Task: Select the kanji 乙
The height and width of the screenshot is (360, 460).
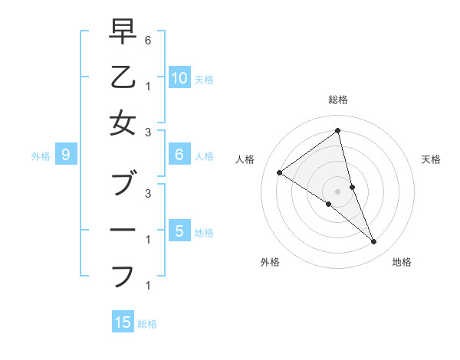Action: [123, 78]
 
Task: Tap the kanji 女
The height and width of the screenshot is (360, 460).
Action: [123, 124]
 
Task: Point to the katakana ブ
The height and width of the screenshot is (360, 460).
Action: [123, 184]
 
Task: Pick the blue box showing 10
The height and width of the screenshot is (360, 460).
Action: [179, 77]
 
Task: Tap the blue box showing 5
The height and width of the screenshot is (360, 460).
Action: [179, 231]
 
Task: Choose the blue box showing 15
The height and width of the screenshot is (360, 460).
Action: [123, 322]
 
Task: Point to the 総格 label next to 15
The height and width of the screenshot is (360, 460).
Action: [147, 324]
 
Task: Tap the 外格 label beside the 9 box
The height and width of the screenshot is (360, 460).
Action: [41, 156]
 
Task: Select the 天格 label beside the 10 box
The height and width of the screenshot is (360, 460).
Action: [204, 79]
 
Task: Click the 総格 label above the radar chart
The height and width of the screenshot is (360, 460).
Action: [337, 100]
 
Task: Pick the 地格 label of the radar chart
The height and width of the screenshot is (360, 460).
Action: [402, 262]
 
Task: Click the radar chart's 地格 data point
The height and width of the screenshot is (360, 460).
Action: [374, 242]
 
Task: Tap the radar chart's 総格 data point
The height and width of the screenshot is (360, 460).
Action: [337, 131]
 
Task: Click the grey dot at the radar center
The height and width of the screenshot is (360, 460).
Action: [337, 191]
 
